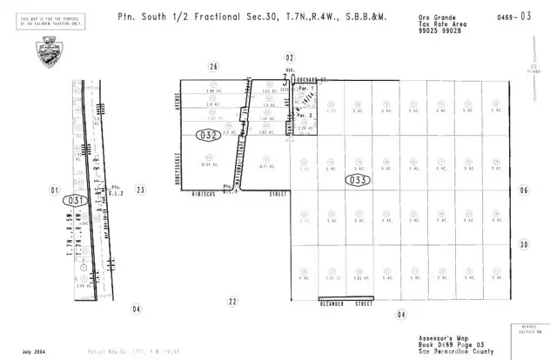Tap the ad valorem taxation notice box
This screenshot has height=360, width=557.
coord(47,21)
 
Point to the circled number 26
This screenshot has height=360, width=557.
coord(212,65)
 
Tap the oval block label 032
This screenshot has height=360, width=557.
coord(208,135)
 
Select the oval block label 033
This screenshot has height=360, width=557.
coord(358,180)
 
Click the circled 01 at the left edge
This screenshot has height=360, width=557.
coord(55,190)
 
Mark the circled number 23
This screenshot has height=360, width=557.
coord(138,190)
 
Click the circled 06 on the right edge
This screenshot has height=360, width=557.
coord(523,190)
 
